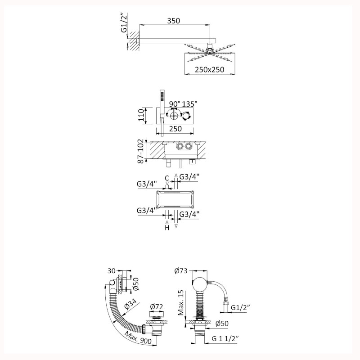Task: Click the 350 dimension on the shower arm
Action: click(173, 21)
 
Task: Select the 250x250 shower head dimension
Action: click(209, 69)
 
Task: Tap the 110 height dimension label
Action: click(141, 116)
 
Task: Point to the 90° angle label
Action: click(175, 104)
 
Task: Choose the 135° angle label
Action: click(189, 104)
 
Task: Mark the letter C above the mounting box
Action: click(167, 178)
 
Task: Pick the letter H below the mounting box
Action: click(167, 228)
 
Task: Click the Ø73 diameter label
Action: click(181, 271)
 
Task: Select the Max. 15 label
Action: click(181, 302)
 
